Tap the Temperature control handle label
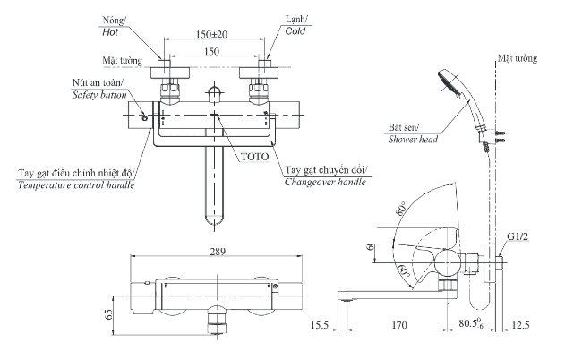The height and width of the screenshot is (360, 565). click(x=77, y=185)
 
